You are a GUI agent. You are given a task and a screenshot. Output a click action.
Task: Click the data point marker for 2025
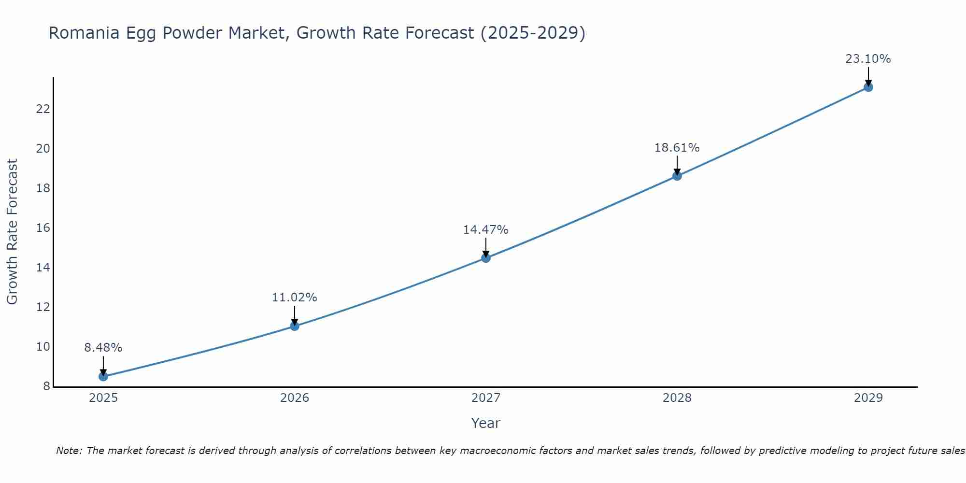[x=103, y=376]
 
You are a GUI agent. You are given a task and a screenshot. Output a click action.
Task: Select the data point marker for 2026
[x=295, y=326]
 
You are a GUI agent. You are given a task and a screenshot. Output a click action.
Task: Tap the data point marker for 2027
[x=486, y=258]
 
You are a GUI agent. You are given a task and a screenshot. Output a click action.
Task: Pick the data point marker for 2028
[x=677, y=176]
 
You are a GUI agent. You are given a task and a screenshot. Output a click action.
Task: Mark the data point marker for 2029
[x=868, y=87]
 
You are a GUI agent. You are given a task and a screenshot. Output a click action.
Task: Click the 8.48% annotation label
[x=103, y=348]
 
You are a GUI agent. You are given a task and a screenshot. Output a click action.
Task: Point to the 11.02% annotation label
[x=295, y=298]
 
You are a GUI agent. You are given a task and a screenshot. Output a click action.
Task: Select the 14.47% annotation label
[x=486, y=230]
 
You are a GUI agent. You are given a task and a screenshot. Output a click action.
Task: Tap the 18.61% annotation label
[x=677, y=148]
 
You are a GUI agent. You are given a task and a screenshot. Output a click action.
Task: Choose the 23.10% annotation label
[x=868, y=59]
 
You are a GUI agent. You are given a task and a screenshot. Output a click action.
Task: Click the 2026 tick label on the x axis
[x=295, y=398]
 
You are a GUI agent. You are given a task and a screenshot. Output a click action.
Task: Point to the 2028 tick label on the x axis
[x=677, y=398]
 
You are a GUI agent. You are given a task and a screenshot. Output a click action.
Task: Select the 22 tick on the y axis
[x=43, y=109]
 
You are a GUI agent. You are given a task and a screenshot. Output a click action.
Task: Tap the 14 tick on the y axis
[x=43, y=268]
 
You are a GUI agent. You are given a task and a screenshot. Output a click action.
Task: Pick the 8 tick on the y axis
[x=47, y=386]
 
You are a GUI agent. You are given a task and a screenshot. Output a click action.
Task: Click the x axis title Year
[x=486, y=423]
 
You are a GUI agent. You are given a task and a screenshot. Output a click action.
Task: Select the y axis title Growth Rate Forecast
[x=12, y=232]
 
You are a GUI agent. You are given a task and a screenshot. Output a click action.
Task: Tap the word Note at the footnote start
[x=69, y=451]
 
